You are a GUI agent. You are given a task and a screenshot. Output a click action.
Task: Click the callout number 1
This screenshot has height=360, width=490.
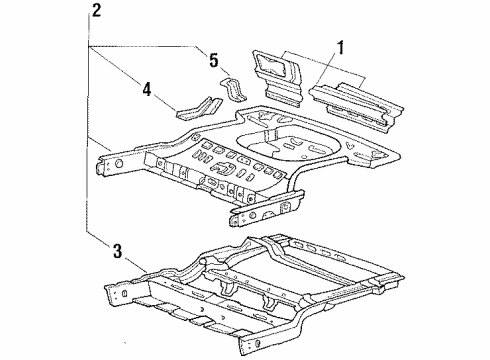click(340, 48)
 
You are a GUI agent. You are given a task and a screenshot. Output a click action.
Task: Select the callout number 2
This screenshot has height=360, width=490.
click(96, 10)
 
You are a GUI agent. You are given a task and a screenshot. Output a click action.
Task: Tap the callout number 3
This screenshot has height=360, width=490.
click(117, 251)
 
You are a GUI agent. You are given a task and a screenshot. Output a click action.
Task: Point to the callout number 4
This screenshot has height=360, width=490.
click(147, 89)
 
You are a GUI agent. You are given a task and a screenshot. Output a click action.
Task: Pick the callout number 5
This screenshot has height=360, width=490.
click(214, 60)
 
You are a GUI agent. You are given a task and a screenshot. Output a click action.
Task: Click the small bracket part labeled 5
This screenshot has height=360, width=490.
click(233, 89)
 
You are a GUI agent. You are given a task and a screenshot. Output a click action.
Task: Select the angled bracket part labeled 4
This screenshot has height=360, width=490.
click(199, 108)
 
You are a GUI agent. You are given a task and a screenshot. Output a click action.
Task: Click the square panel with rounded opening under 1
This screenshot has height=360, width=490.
click(277, 77)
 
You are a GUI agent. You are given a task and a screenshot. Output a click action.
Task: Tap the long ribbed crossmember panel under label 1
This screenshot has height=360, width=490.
click(357, 104)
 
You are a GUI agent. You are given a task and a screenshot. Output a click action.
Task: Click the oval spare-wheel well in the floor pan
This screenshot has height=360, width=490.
click(288, 144)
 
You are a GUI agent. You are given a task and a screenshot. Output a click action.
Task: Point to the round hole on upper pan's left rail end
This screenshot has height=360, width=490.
click(119, 164)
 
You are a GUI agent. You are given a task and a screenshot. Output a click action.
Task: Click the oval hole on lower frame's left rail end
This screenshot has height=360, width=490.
click(125, 294)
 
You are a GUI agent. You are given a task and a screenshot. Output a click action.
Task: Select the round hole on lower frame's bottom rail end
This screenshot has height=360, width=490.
click(257, 343)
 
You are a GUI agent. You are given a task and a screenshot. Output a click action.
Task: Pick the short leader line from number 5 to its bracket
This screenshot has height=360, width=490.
click(225, 70)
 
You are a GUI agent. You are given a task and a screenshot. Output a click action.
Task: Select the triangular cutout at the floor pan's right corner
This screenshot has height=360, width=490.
click(350, 145)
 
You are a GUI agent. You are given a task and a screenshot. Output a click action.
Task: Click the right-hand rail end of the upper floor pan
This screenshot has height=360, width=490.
click(267, 208)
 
